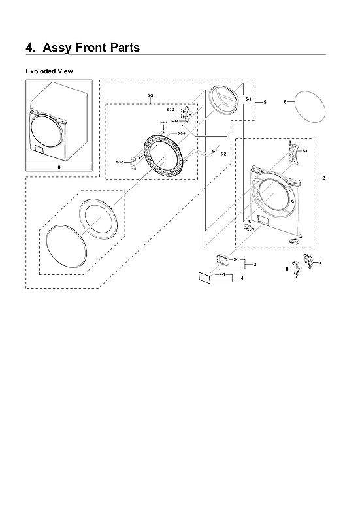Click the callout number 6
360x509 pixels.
(x=285, y=102)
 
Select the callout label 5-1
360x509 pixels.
(x=248, y=99)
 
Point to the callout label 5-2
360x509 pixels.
(x=223, y=154)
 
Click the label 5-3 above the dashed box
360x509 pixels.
(x=151, y=97)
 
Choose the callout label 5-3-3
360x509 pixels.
(x=120, y=161)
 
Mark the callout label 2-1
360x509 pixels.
(x=304, y=151)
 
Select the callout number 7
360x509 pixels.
(x=320, y=262)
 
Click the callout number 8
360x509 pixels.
(x=286, y=269)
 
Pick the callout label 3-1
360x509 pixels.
(x=236, y=260)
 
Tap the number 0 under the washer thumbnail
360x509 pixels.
(x=58, y=167)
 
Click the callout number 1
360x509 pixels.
(x=228, y=135)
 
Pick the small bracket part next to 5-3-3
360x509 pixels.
(x=135, y=160)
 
